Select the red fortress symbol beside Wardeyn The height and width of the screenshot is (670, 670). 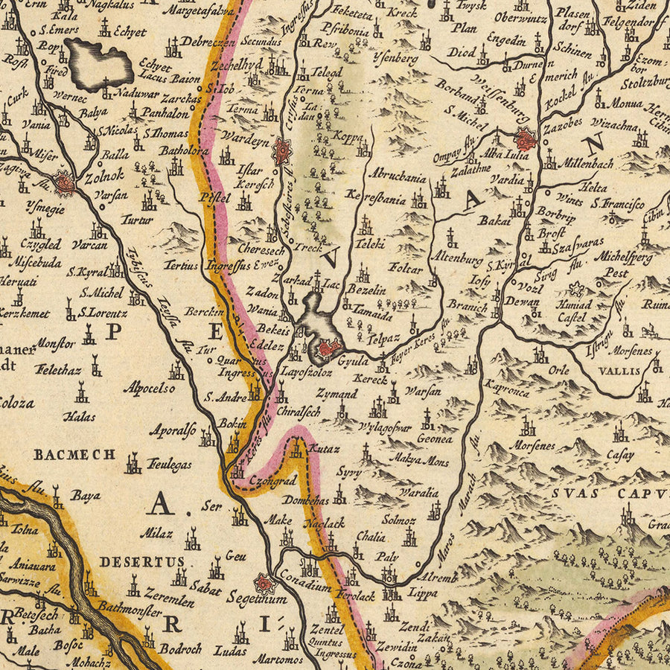coord(282,151)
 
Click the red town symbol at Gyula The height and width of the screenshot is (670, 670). coord(328,348)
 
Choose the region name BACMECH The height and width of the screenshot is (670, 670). coord(74,453)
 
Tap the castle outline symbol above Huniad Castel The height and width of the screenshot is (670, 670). coord(575,290)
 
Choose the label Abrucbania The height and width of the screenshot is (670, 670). coord(397,177)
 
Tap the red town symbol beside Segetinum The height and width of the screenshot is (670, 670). coord(264,583)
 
